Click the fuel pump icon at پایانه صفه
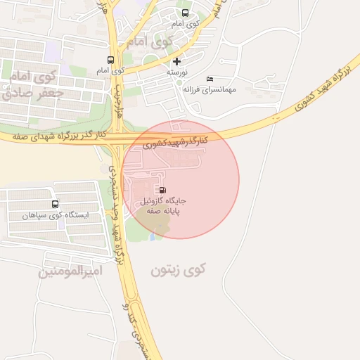pyautogui.click(x=163, y=189)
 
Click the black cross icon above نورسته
pyautogui.click(x=176, y=62)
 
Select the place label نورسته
pyautogui.click(x=176, y=72)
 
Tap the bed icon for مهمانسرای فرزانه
pyautogui.click(x=210, y=79)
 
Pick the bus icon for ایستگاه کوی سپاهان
pyautogui.click(x=56, y=204)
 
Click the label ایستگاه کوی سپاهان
pyautogui.click(x=56, y=215)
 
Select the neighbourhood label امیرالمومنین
pyautogui.click(x=71, y=271)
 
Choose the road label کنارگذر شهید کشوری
pyautogui.click(x=176, y=142)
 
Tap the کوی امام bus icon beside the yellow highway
pyautogui.click(x=110, y=60)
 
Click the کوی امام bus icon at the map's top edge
pyautogui.click(x=185, y=13)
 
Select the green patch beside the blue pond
pyautogui.click(x=159, y=226)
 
